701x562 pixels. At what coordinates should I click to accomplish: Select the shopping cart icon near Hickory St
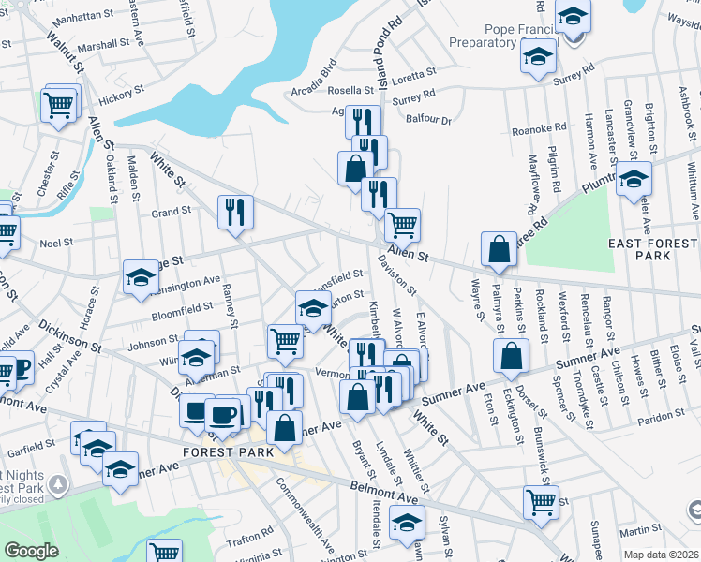(x=58, y=105)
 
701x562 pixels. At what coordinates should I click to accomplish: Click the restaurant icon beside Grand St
(x=233, y=212)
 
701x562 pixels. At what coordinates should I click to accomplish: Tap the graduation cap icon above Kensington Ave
(x=142, y=276)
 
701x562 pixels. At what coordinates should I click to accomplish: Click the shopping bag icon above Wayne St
(x=499, y=249)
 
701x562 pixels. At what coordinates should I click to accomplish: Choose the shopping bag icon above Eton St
(x=511, y=357)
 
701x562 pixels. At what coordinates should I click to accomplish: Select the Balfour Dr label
(x=429, y=120)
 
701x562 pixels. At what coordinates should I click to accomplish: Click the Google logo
(x=31, y=551)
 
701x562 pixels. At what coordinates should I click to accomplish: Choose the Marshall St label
(x=103, y=45)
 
